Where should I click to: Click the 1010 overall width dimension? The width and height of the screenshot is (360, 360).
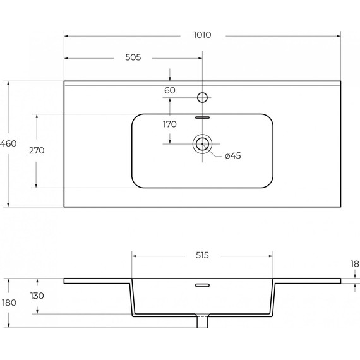tap(202, 35)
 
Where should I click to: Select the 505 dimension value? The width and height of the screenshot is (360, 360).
tap(133, 57)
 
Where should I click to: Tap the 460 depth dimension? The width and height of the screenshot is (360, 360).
tap(8, 143)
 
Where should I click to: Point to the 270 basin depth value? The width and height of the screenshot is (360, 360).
tap(37, 150)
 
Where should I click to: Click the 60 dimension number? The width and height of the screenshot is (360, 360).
tap(170, 90)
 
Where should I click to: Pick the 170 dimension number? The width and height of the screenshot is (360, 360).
tap(170, 124)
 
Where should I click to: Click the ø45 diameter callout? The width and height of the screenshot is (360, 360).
tap(233, 155)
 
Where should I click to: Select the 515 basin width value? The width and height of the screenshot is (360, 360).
tap(202, 255)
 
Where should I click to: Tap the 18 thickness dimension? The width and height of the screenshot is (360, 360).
tap(355, 264)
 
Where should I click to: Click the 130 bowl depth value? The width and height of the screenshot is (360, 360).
tap(37, 296)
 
